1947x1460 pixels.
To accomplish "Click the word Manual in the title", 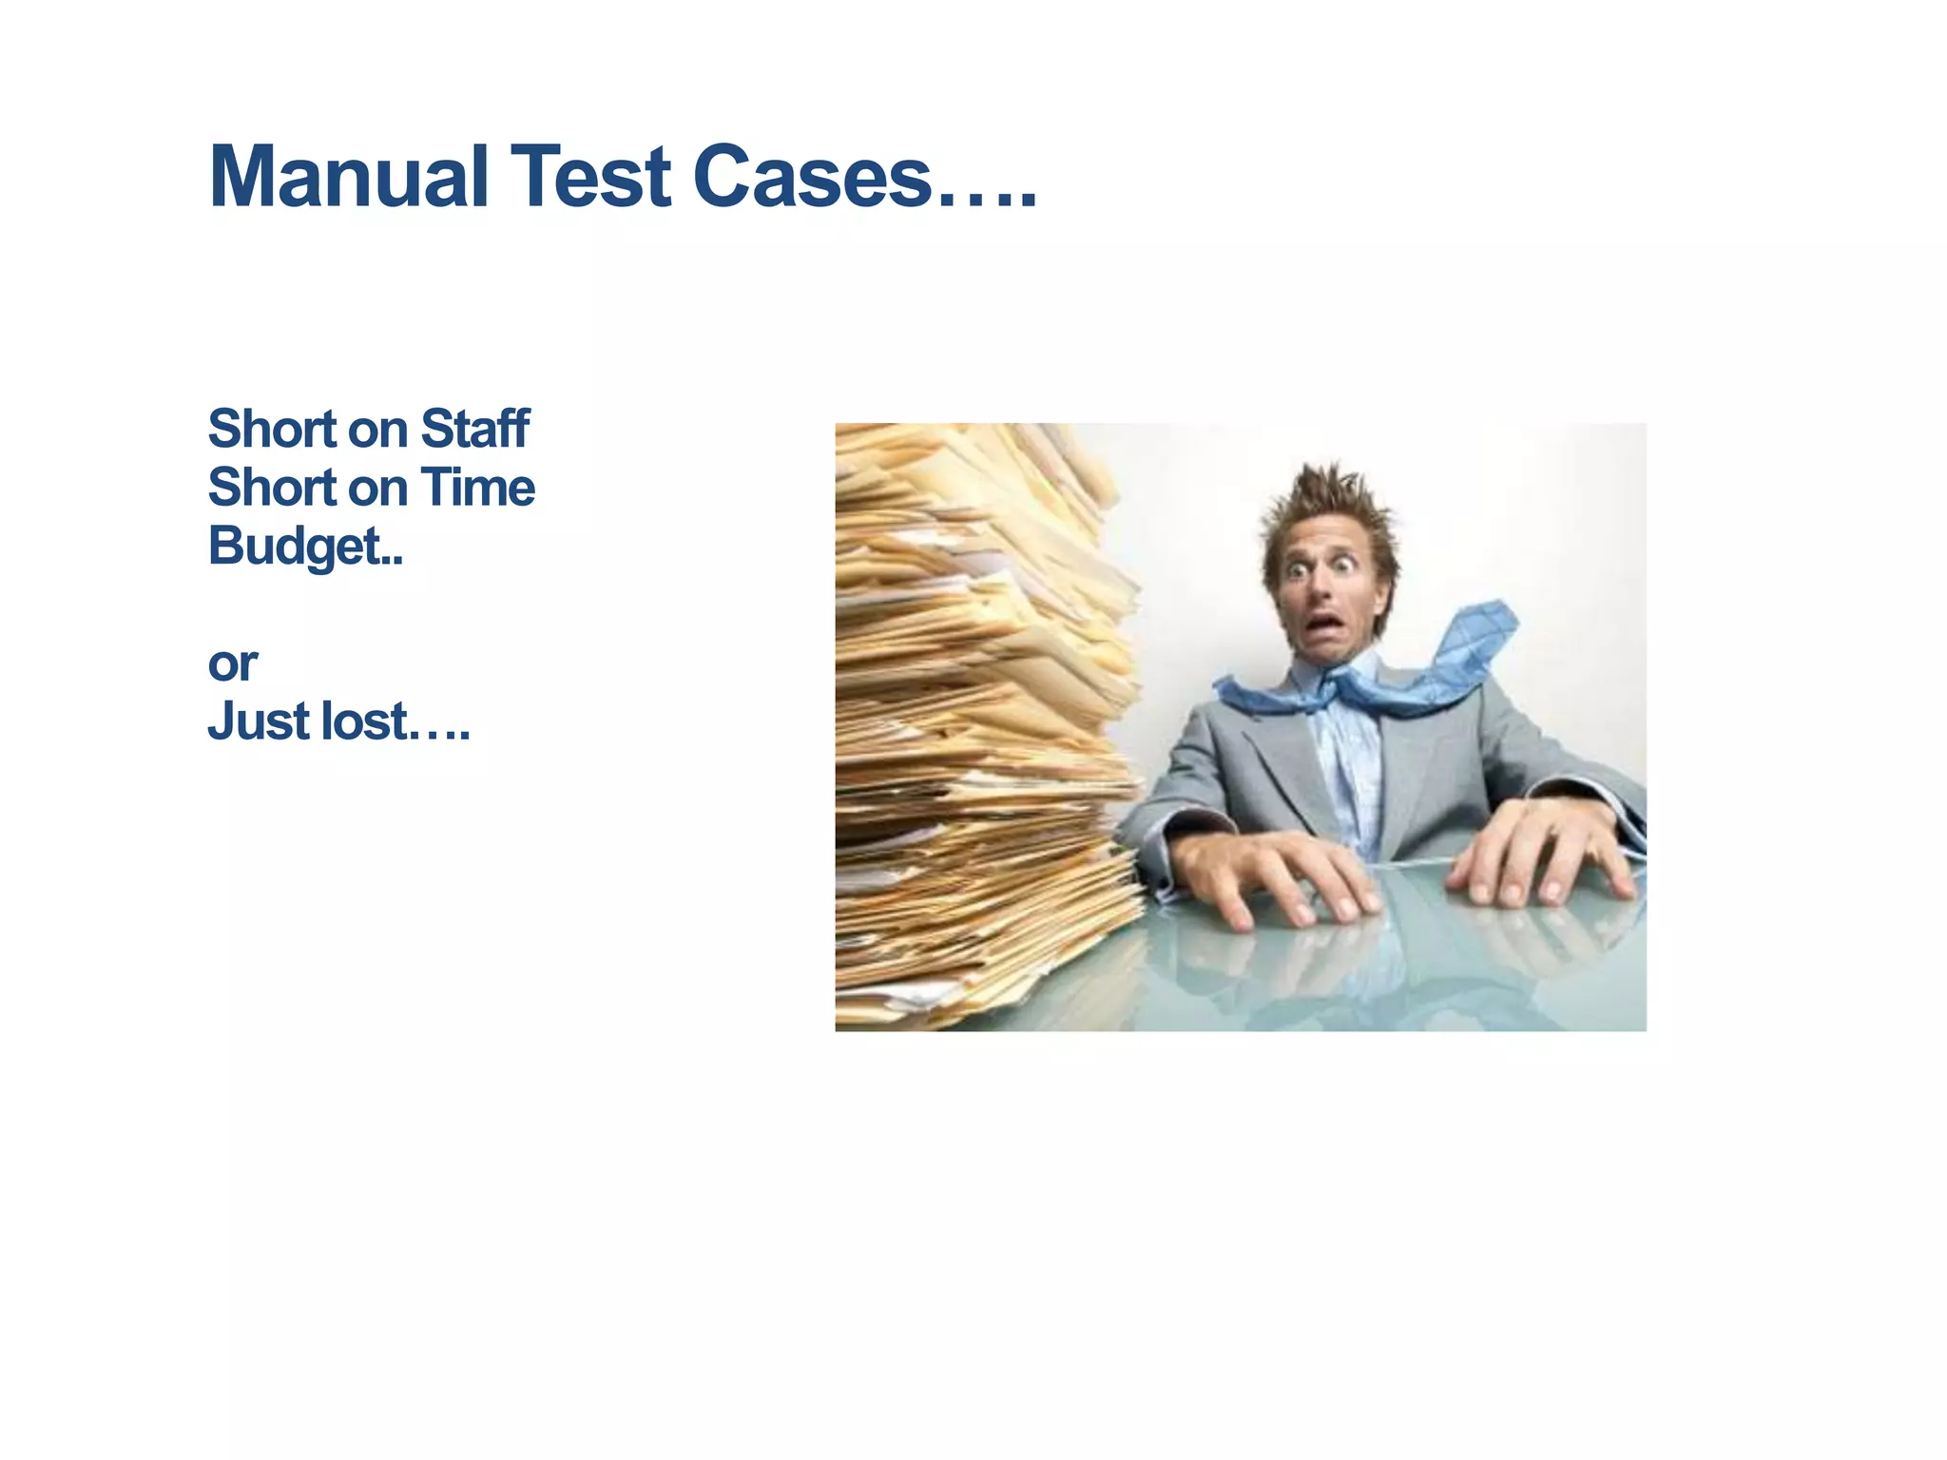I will [x=348, y=177].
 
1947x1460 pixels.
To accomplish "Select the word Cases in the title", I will [x=812, y=177].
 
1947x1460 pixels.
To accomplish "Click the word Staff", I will [x=474, y=429].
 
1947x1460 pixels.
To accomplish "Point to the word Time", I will [x=478, y=488].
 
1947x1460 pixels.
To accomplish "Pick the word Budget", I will [x=295, y=547].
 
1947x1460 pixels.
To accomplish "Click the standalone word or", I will [x=232, y=663].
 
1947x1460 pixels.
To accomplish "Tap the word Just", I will [x=258, y=720].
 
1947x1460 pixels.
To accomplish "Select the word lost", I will [x=364, y=720].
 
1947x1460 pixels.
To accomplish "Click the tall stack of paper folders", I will [x=979, y=722].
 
